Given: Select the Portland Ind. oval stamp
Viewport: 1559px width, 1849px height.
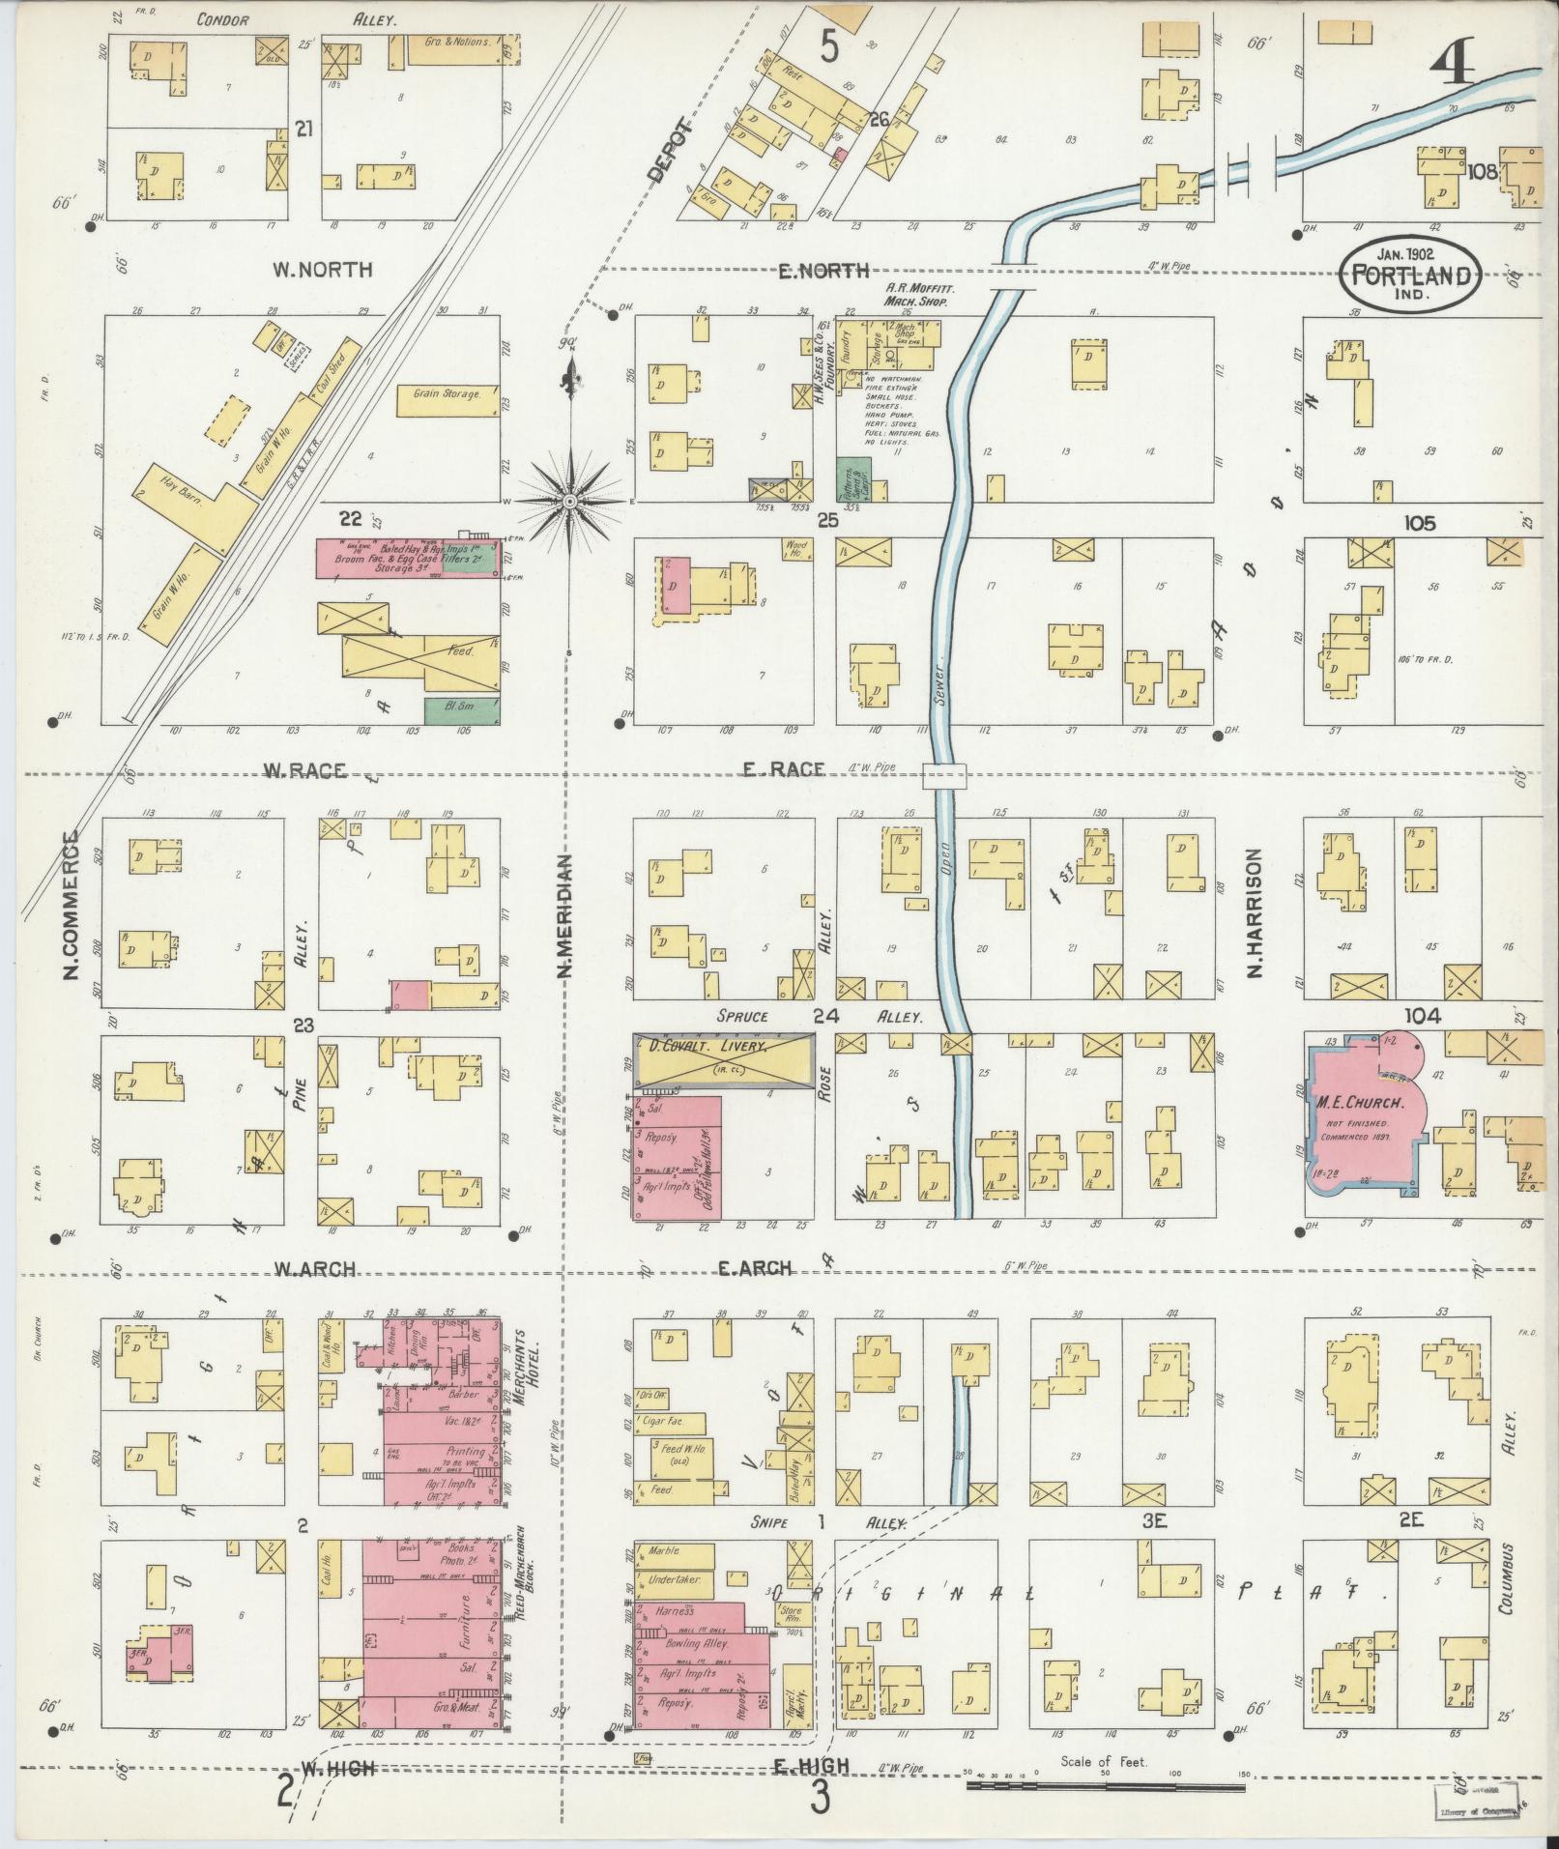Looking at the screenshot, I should pyautogui.click(x=1409, y=275).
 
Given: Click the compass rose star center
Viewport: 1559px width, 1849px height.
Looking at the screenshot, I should pyautogui.click(x=570, y=502).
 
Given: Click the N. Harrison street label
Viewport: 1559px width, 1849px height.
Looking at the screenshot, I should pyautogui.click(x=1256, y=913).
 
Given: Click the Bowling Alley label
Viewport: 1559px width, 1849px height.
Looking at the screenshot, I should pyautogui.click(x=702, y=1643).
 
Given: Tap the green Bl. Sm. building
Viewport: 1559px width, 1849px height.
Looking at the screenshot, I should pyautogui.click(x=462, y=711).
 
